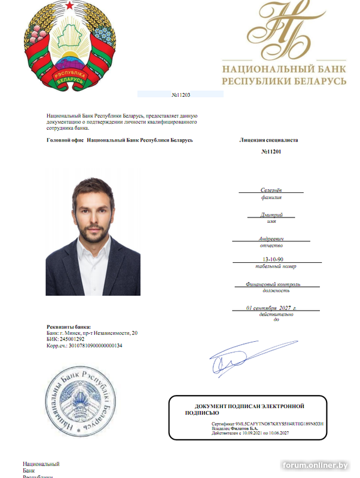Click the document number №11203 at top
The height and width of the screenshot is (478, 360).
(x=180, y=94)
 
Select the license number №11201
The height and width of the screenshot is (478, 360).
(x=271, y=152)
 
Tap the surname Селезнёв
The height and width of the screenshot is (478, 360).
(x=271, y=189)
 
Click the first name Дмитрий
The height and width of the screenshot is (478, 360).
(x=271, y=215)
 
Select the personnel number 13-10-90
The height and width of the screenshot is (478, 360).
(x=271, y=259)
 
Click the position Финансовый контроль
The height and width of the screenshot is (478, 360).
(x=273, y=284)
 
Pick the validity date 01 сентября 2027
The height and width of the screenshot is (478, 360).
(x=271, y=308)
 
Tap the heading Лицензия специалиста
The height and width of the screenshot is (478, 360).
(x=269, y=140)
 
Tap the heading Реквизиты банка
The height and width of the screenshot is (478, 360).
(x=69, y=326)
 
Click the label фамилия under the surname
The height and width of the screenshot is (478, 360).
(x=271, y=197)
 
